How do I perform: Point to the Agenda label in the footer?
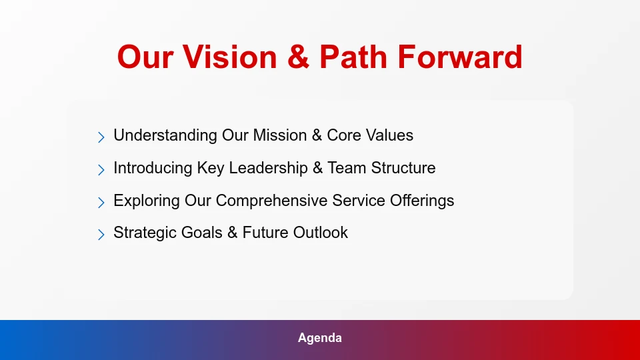(320, 338)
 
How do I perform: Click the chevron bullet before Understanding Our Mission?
(101, 137)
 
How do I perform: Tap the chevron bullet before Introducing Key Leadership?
(101, 169)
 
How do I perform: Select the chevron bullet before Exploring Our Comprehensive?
(101, 202)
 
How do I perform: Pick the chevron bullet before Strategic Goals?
(101, 234)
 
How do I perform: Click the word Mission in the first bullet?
(279, 135)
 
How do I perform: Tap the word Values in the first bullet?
(389, 135)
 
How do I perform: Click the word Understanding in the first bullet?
(165, 135)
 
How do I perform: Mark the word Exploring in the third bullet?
(145, 201)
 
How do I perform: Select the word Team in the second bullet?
(346, 168)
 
